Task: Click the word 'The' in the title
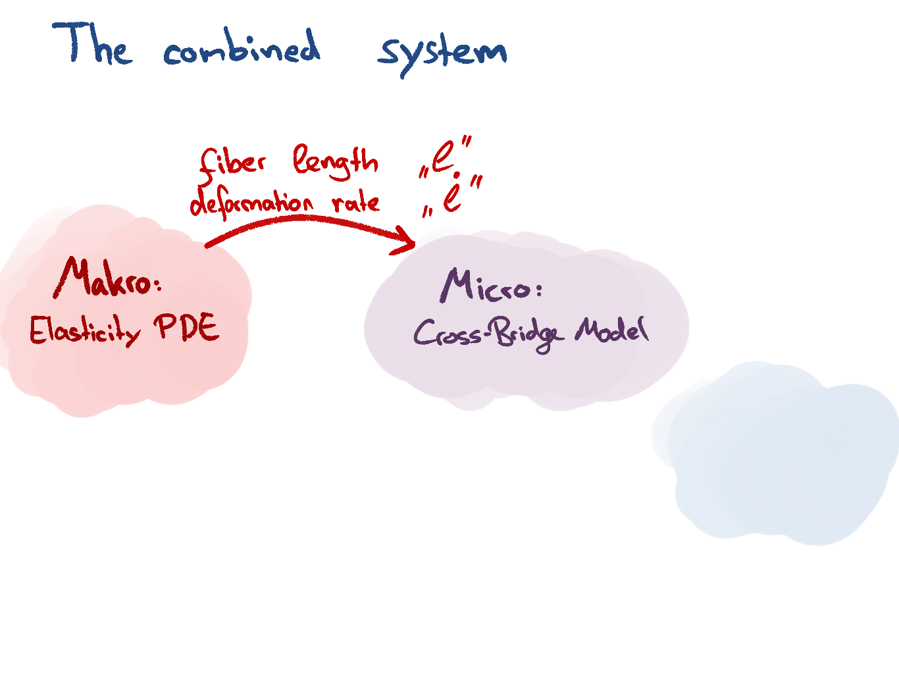[92, 45]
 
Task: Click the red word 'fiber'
[232, 163]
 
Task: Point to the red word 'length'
[336, 161]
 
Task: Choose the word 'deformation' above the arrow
[252, 203]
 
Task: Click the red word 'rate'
[356, 201]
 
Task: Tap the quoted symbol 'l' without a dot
[445, 158]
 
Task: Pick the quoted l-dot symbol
[453, 195]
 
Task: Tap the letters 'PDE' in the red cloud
[187, 326]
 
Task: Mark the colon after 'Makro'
[157, 284]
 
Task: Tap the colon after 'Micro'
[538, 290]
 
